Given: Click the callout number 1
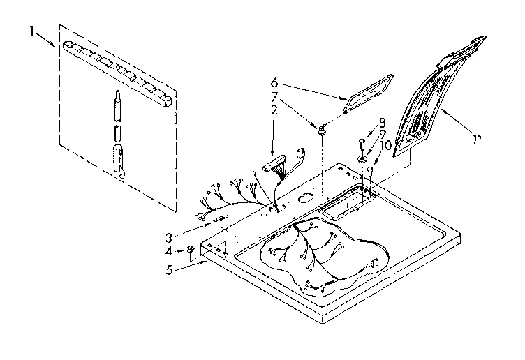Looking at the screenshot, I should pyautogui.click(x=32, y=31).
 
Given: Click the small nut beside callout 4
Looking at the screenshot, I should pyautogui.click(x=191, y=250).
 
